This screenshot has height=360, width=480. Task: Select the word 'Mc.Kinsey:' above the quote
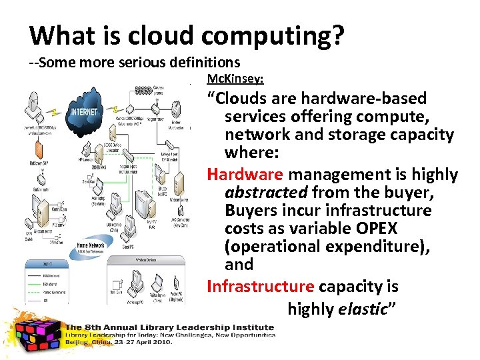pyautogui.click(x=235, y=79)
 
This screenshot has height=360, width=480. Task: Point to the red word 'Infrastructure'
pyautogui.click(x=260, y=287)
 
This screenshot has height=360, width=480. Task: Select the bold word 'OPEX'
pyautogui.click(x=374, y=229)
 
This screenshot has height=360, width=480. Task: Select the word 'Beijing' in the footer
pyautogui.click(x=78, y=342)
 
